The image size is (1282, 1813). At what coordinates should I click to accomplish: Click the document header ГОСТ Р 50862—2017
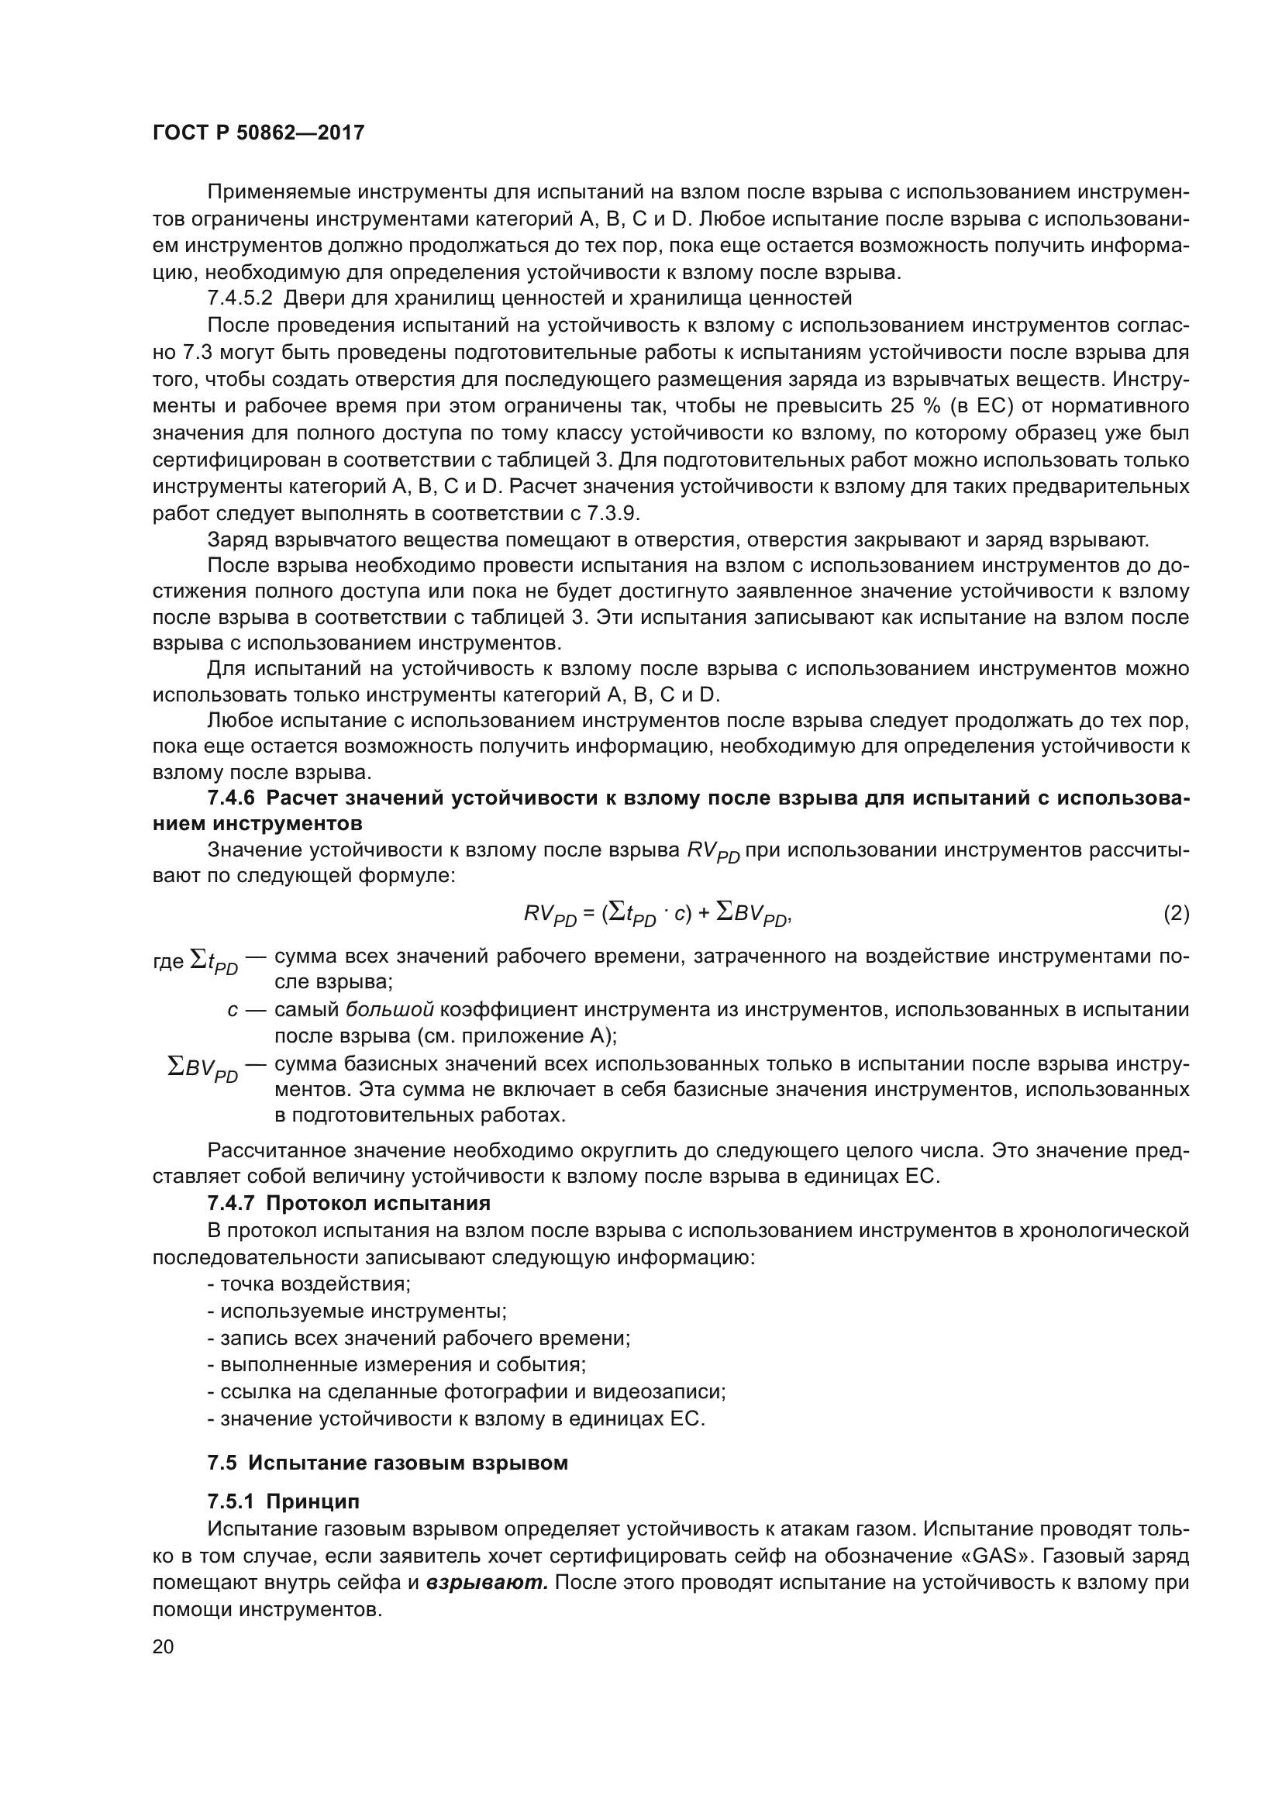point(258,133)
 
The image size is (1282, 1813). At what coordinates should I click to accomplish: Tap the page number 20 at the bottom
point(163,1646)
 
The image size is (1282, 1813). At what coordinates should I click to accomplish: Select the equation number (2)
point(1177,914)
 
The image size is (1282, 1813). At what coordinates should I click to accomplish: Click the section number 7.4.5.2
point(240,298)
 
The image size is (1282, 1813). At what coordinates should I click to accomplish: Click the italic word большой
point(390,1009)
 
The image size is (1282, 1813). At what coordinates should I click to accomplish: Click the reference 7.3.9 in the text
point(612,513)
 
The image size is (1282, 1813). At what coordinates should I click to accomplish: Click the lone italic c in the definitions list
point(233,1010)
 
